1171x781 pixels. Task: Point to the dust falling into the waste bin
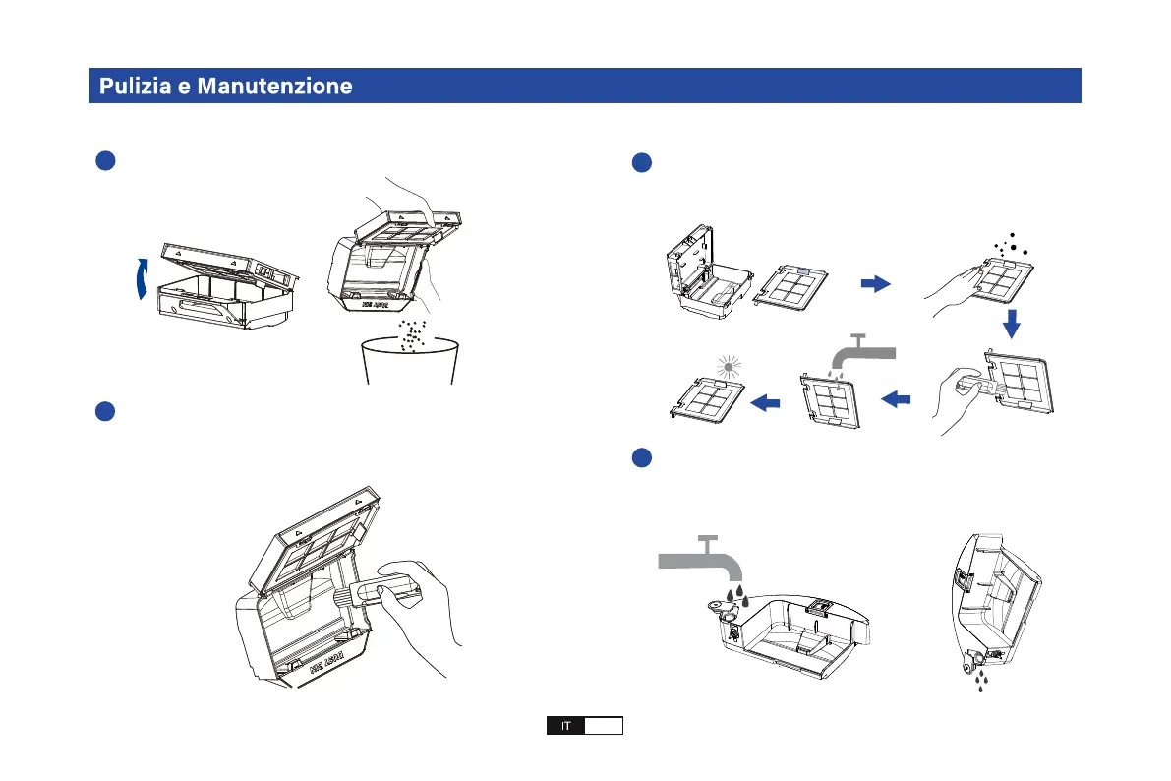click(413, 333)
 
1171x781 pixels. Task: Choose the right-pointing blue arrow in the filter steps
click(874, 284)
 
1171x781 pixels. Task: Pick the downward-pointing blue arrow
click(1012, 323)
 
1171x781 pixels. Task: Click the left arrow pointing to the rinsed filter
click(898, 399)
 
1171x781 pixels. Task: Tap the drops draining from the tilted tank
click(978, 680)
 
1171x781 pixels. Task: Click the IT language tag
click(566, 727)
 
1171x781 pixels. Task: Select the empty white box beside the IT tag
click(604, 727)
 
